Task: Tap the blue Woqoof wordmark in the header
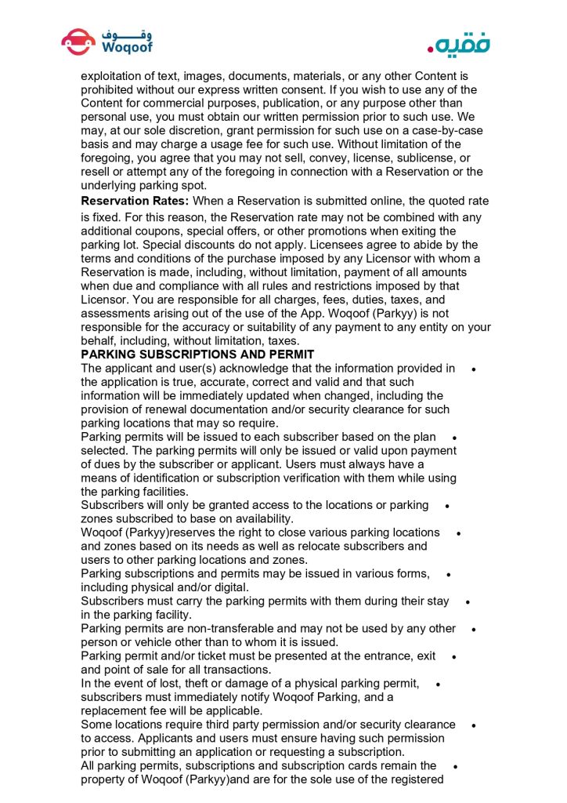click(127, 47)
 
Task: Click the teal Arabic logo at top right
click(458, 43)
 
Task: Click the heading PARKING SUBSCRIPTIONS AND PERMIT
click(197, 354)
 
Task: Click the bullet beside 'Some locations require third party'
click(475, 725)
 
